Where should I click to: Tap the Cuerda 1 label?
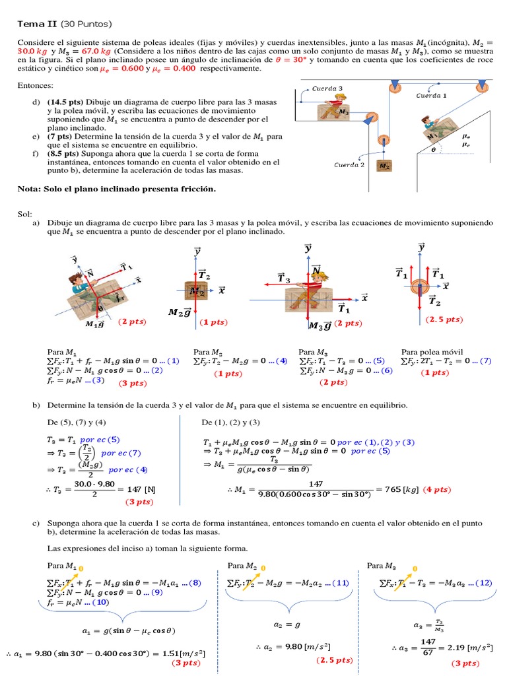[x=431, y=96]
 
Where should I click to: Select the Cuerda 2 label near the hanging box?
[x=349, y=165]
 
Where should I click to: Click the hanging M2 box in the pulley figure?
[x=384, y=166]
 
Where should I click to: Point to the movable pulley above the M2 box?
[x=382, y=141]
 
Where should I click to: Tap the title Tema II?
[x=38, y=24]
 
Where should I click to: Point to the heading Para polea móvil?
[x=432, y=352]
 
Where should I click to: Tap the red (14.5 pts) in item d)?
[x=65, y=102]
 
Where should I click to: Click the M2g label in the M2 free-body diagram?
[x=179, y=312]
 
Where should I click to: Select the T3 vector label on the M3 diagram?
[x=285, y=279]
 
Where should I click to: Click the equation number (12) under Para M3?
[x=483, y=583]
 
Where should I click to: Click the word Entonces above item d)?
[x=35, y=86]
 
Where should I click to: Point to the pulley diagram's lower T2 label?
[x=434, y=301]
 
